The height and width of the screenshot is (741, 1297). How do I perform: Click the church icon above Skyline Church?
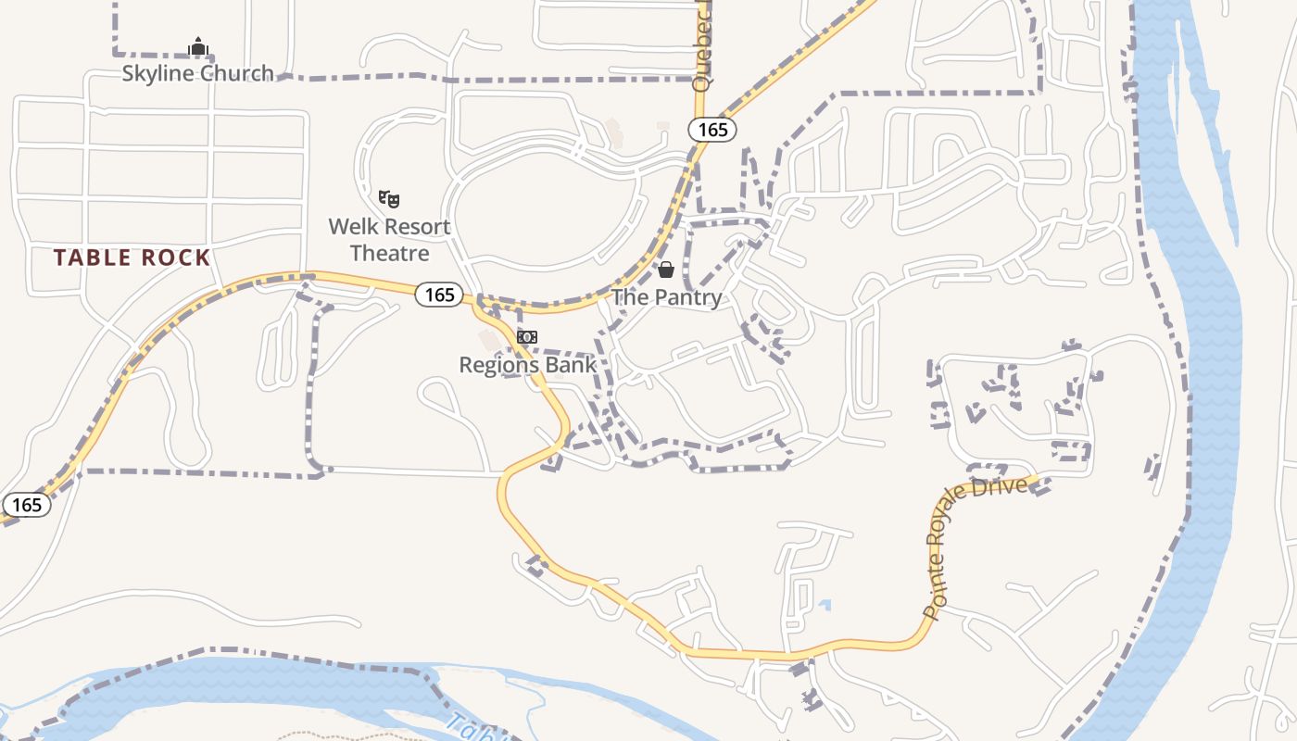click(197, 46)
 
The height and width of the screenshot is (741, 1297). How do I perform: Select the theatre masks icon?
click(389, 198)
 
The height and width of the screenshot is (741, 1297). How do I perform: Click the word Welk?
click(354, 227)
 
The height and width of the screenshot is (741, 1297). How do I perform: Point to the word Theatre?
click(389, 253)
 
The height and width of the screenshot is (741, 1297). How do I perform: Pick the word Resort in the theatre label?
click(417, 227)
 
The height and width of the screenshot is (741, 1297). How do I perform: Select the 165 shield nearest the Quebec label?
click(712, 130)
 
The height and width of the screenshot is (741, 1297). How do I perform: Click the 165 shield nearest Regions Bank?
click(439, 295)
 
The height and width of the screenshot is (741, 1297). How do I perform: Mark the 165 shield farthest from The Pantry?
click(27, 505)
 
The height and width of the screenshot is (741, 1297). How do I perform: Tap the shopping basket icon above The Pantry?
click(665, 270)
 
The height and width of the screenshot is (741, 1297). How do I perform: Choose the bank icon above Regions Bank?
click(527, 337)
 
